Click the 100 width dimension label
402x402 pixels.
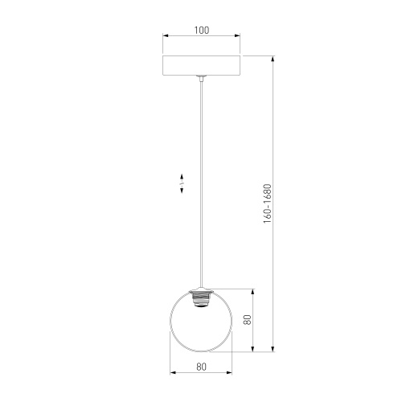201,31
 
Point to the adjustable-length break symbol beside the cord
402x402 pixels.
183,183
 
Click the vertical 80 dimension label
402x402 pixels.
249,319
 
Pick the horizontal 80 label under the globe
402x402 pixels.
201,367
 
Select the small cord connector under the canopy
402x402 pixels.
201,79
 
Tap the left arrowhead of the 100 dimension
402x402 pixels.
165,37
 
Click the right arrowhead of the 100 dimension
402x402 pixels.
237,37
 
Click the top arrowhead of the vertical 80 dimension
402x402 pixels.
255,290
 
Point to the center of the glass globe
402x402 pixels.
201,322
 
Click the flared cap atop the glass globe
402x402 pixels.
201,290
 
